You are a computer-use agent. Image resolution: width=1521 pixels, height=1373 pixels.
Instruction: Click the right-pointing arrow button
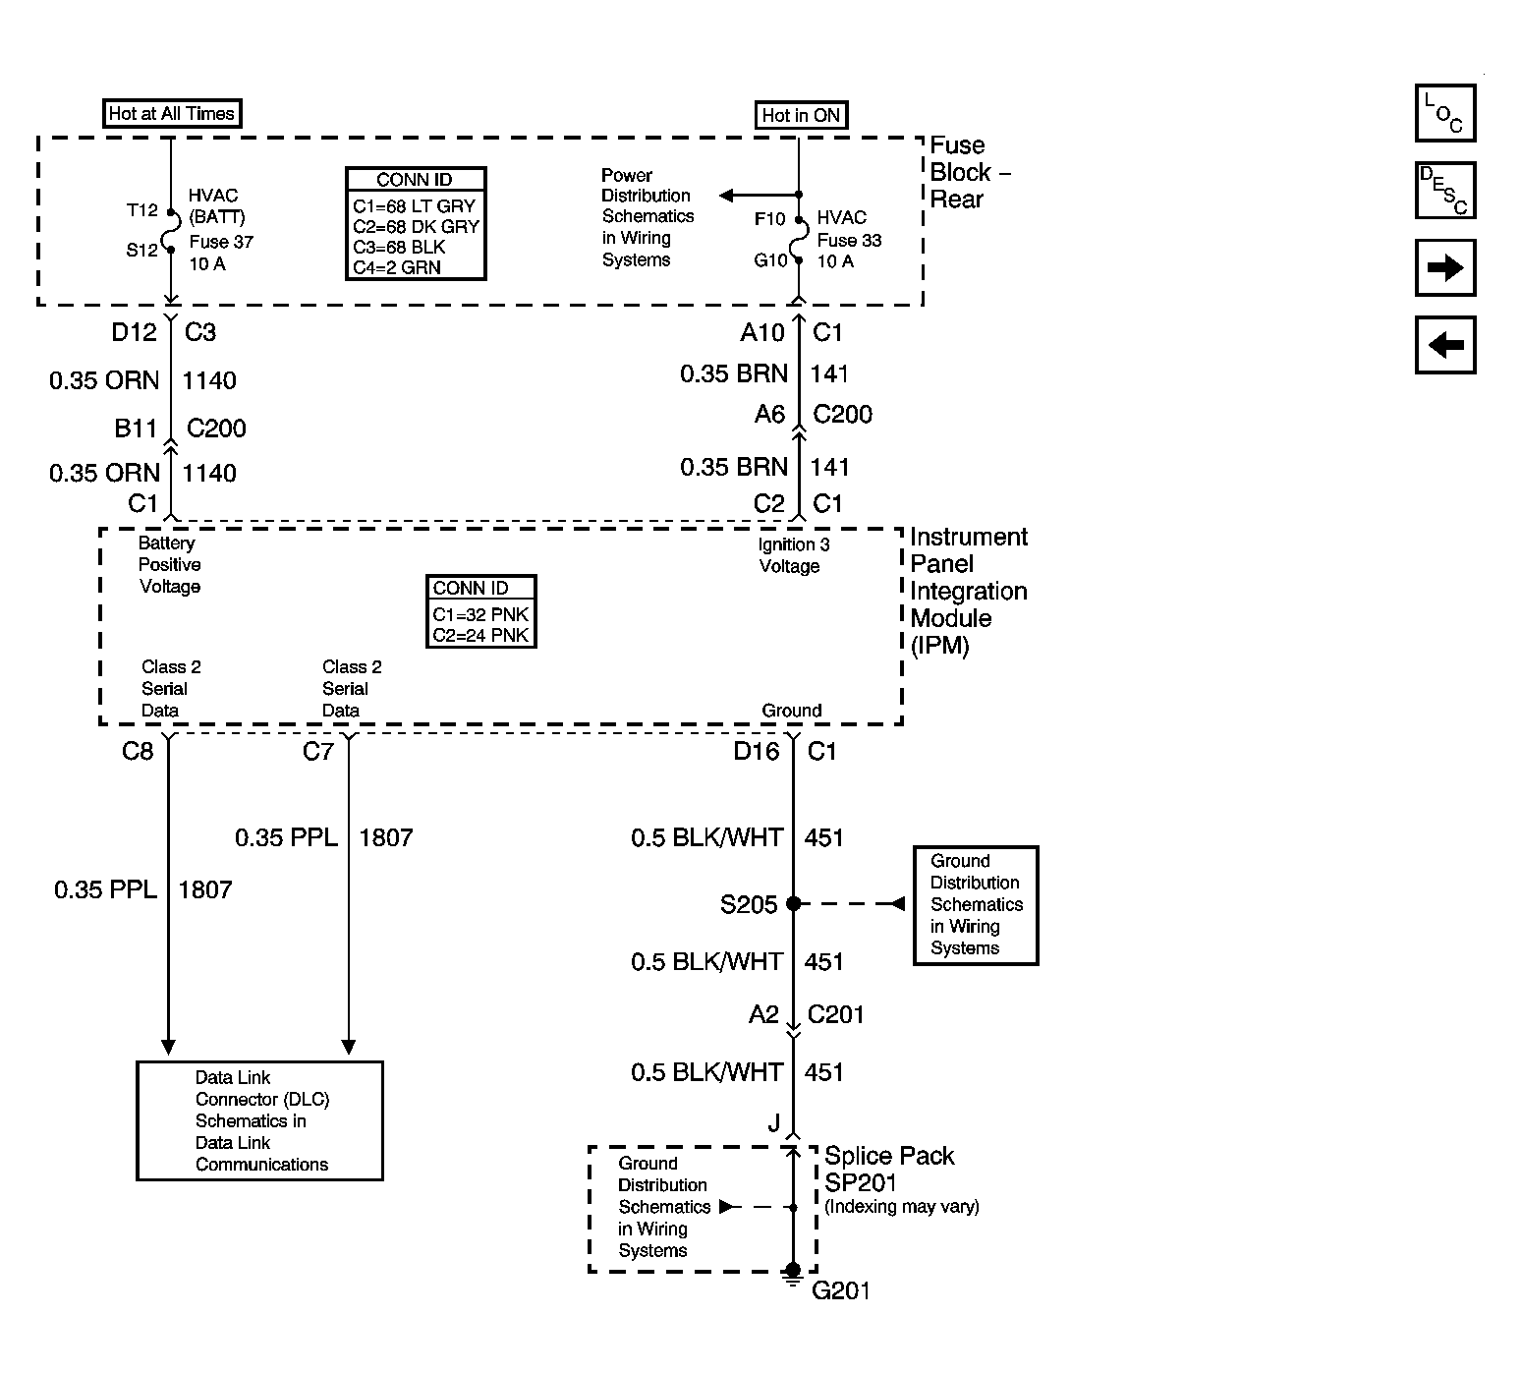(x=1445, y=267)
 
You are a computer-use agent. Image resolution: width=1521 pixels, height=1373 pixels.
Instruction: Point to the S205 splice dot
(x=794, y=903)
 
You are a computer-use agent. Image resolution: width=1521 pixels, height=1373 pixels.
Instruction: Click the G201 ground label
(x=841, y=1290)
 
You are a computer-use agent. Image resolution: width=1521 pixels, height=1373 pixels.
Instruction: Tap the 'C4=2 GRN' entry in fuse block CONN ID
(x=397, y=267)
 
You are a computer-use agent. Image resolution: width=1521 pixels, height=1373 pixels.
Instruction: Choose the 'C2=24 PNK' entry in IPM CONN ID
(x=480, y=635)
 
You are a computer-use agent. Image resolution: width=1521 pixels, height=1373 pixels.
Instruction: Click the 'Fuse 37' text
(x=221, y=242)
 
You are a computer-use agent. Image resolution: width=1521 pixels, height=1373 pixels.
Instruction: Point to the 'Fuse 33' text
(x=849, y=240)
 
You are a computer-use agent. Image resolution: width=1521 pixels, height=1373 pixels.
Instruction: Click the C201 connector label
(x=835, y=1014)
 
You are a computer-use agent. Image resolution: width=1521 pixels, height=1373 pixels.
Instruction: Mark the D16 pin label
(x=757, y=752)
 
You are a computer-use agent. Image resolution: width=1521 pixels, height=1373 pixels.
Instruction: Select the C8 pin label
(x=138, y=752)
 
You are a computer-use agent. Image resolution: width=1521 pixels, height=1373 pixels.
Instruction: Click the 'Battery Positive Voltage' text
(x=169, y=565)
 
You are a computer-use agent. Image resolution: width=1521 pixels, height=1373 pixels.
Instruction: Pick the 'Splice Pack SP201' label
(x=889, y=1170)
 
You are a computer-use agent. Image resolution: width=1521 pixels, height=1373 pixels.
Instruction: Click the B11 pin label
(x=136, y=429)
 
